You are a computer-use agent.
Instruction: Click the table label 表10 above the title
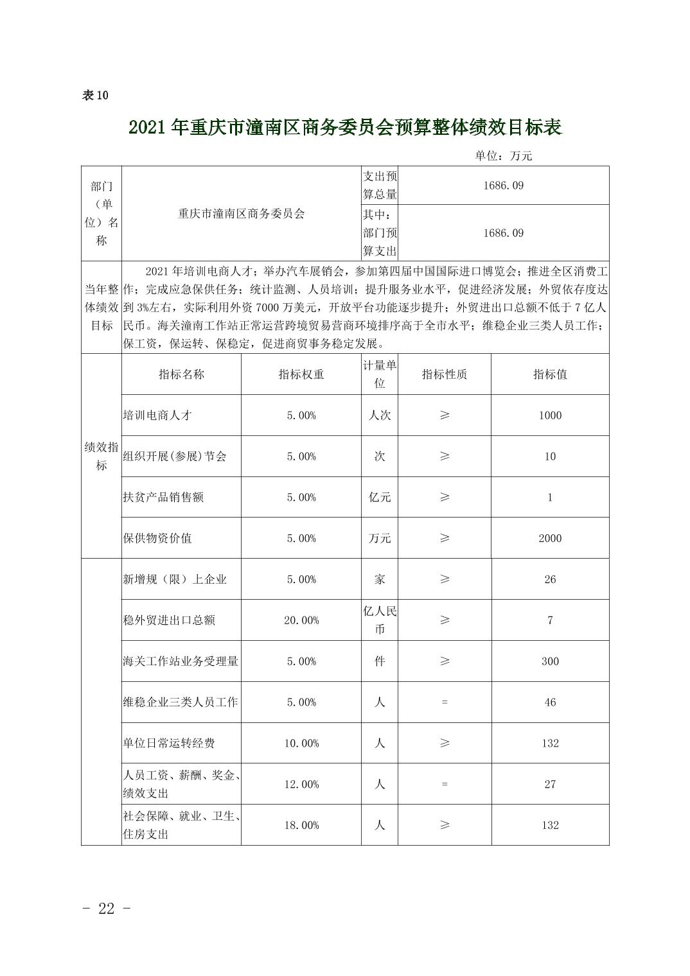pyautogui.click(x=96, y=96)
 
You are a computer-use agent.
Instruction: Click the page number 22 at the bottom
pyautogui.click(x=107, y=908)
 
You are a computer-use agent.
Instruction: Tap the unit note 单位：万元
pyautogui.click(x=503, y=155)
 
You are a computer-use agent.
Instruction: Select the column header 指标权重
pyautogui.click(x=301, y=374)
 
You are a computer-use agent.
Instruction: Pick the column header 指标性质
pyautogui.click(x=444, y=374)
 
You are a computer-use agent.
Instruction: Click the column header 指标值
pyautogui.click(x=550, y=374)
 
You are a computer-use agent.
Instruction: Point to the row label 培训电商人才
pyautogui.click(x=157, y=415)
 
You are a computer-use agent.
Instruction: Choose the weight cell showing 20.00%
pyautogui.click(x=301, y=620)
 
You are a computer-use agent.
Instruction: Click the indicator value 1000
pyautogui.click(x=550, y=415)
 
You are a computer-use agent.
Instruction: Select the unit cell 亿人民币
pyautogui.click(x=380, y=620)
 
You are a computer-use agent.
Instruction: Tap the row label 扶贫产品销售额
pyautogui.click(x=163, y=497)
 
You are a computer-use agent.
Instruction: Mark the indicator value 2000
pyautogui.click(x=550, y=538)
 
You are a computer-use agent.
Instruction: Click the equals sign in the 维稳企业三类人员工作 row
pyautogui.click(x=444, y=702)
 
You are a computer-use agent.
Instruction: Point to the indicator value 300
pyautogui.click(x=550, y=661)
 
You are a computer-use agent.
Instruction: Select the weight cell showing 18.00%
pyautogui.click(x=301, y=825)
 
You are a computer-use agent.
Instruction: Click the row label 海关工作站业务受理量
pyautogui.click(x=181, y=661)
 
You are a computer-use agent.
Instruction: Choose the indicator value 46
pyautogui.click(x=550, y=702)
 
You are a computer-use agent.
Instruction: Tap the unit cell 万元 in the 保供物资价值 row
pyautogui.click(x=380, y=538)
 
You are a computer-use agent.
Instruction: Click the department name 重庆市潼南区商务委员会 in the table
pyautogui.click(x=241, y=213)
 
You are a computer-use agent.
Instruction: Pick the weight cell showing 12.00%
pyautogui.click(x=301, y=784)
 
